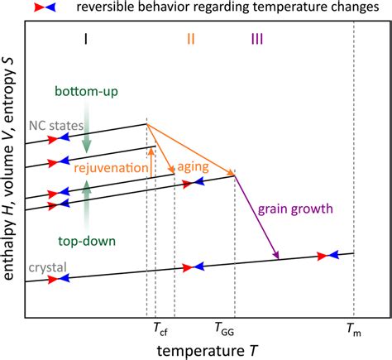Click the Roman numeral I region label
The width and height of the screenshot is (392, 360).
pos(87,38)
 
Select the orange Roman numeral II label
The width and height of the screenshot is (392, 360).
pos(190,38)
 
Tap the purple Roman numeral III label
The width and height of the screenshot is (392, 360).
pos(256,38)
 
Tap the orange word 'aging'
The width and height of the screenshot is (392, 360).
pos(195,166)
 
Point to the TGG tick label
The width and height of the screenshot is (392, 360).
pos(224,328)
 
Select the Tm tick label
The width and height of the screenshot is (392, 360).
pos(353,328)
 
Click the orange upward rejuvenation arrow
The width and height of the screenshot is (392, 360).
pos(152,161)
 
